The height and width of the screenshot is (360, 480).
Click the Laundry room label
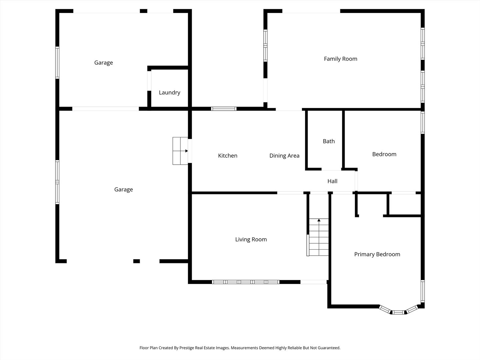(x=169, y=93)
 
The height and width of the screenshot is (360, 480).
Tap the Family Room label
(x=340, y=59)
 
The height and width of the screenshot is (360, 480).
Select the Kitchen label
(x=228, y=156)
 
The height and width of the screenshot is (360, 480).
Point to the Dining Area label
(x=284, y=156)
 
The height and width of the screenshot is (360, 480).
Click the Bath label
(x=329, y=141)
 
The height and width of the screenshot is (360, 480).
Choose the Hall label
(x=332, y=181)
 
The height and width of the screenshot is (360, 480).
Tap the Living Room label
(x=251, y=239)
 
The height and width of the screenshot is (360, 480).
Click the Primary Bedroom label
(x=377, y=254)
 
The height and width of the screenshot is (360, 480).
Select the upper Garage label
(x=103, y=63)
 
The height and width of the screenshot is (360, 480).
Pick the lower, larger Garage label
(x=123, y=190)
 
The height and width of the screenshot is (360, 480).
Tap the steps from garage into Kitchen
(x=180, y=151)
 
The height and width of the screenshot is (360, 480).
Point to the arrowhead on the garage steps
(x=187, y=151)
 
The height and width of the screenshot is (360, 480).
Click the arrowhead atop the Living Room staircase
(x=319, y=220)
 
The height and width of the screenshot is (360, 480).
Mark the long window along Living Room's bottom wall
(x=246, y=282)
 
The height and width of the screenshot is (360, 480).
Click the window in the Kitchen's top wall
(x=224, y=109)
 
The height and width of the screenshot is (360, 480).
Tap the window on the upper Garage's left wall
(x=57, y=63)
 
